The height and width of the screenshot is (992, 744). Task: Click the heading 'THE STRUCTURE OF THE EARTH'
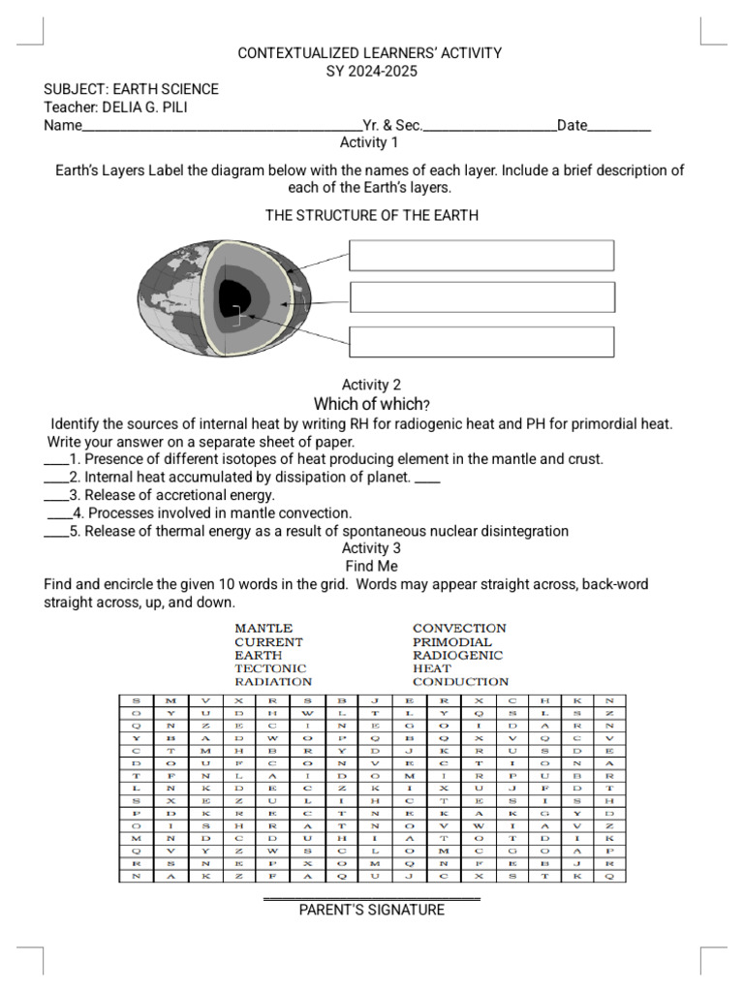(372, 215)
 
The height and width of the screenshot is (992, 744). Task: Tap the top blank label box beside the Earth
(481, 256)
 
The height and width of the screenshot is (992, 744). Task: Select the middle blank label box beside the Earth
(481, 297)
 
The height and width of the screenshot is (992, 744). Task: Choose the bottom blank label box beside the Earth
(481, 341)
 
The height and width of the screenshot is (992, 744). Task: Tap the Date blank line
(619, 126)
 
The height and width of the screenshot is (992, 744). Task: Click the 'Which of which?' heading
(372, 404)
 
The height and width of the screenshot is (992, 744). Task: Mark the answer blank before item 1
(55, 459)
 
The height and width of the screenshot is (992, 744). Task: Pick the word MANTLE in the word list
(263, 629)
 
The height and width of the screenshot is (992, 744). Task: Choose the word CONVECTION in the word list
(459, 629)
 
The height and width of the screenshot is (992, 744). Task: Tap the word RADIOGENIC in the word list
(457, 655)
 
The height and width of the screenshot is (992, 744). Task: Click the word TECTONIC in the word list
(270, 668)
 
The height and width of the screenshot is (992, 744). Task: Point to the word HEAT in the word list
(432, 668)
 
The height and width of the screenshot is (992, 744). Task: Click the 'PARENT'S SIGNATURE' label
(372, 910)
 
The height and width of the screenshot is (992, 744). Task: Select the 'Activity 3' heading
(372, 548)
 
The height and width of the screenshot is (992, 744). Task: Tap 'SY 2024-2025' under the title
(372, 71)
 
